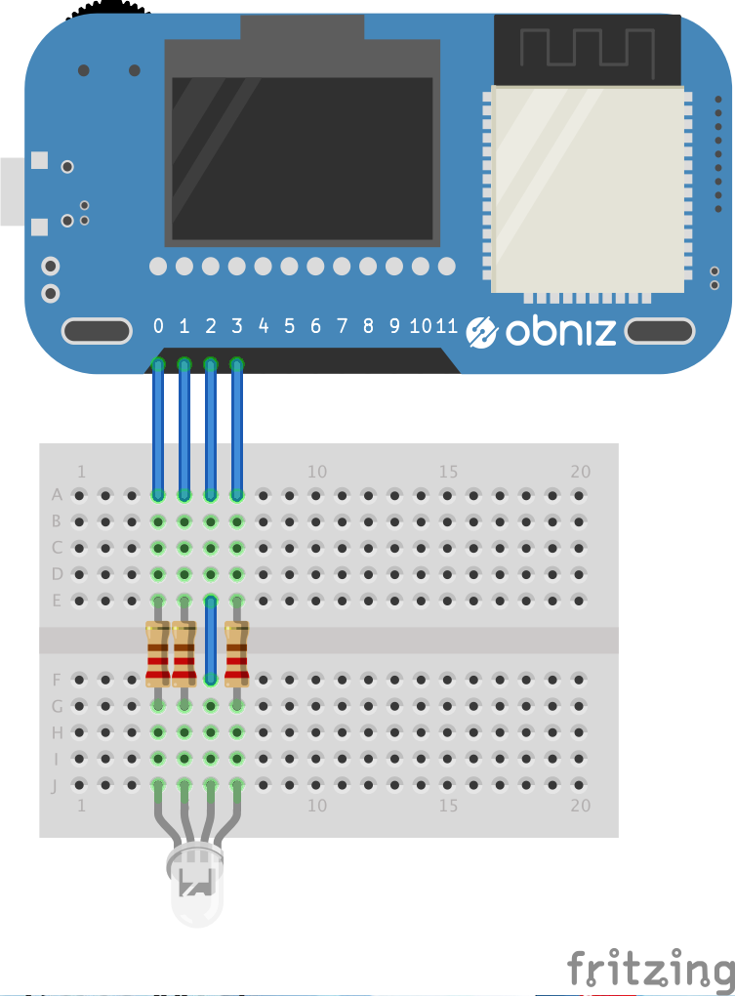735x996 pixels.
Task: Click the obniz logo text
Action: (560, 332)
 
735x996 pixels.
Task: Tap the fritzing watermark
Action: (650, 969)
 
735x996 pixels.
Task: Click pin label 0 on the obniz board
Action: (158, 326)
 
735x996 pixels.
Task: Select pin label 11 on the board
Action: (446, 326)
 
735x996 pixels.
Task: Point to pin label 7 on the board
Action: (342, 326)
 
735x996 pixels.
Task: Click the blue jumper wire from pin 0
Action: (158, 430)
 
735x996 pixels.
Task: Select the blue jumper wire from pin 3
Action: (236, 430)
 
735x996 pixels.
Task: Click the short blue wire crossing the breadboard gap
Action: (210, 640)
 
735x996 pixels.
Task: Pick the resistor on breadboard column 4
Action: (157, 652)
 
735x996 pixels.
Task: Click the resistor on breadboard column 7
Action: (236, 652)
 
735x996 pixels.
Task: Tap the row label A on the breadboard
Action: (57, 495)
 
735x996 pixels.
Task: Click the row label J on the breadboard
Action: (57, 784)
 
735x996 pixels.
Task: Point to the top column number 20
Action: (580, 472)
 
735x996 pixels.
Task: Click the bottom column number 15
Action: (448, 807)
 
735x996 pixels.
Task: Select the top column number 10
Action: (316, 472)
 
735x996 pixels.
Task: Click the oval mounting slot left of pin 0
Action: (97, 331)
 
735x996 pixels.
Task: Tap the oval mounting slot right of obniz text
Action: (659, 331)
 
